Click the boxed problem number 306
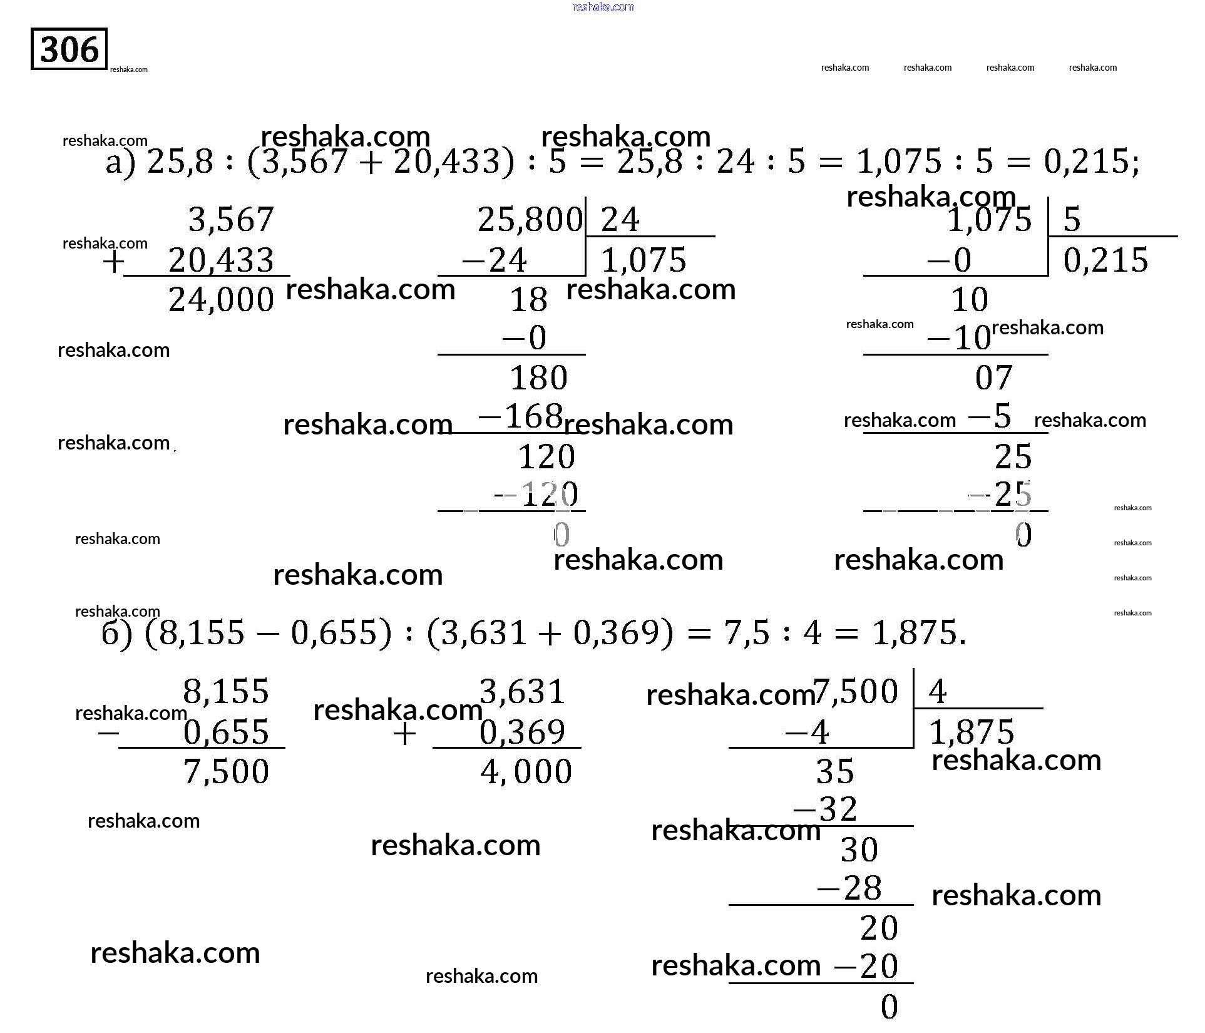(69, 49)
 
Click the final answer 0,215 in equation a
(1089, 162)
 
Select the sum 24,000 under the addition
(221, 300)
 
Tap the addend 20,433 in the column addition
(221, 260)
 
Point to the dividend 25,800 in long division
(530, 220)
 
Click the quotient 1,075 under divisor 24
(644, 260)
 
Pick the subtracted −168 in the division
(521, 416)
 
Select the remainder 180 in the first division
(538, 378)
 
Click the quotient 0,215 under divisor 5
(1105, 260)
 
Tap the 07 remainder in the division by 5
(993, 378)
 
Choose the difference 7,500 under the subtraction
(226, 771)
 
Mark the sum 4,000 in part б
(526, 771)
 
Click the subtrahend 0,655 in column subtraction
(226, 732)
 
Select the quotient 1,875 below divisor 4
(972, 732)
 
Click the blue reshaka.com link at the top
(603, 7)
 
